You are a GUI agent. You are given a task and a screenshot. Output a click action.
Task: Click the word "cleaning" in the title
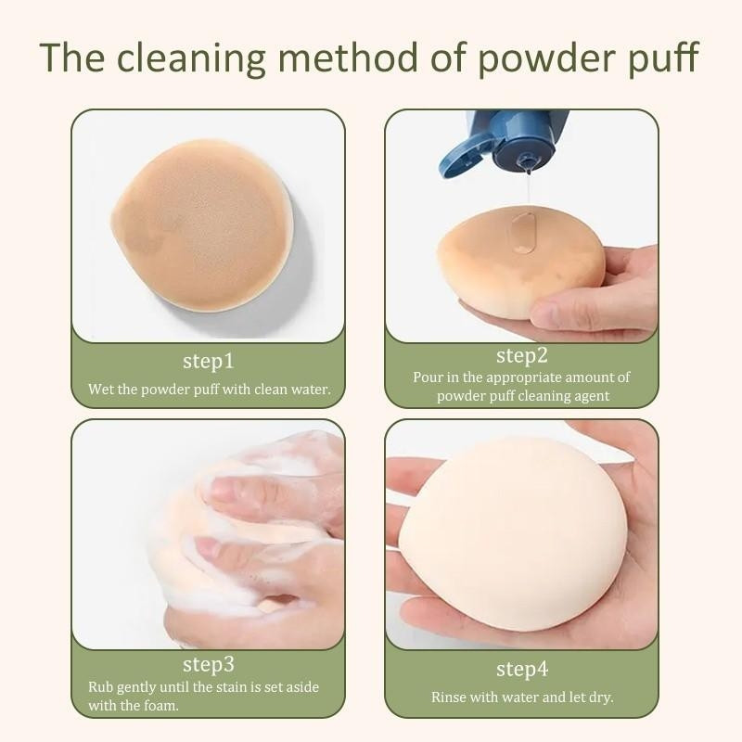click(x=190, y=58)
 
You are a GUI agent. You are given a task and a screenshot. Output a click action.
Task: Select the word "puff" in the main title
click(x=663, y=58)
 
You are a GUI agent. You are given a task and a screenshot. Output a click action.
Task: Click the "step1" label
click(x=208, y=362)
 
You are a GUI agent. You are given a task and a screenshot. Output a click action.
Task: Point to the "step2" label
click(x=522, y=356)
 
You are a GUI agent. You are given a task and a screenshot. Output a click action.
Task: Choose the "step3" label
click(x=208, y=665)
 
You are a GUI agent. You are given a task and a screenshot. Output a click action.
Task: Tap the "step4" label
click(x=522, y=670)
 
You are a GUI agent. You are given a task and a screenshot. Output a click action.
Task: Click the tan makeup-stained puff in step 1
click(x=201, y=225)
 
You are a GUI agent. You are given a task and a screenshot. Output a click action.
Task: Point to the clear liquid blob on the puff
click(x=523, y=233)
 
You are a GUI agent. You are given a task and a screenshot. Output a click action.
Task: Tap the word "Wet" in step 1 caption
click(x=100, y=390)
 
